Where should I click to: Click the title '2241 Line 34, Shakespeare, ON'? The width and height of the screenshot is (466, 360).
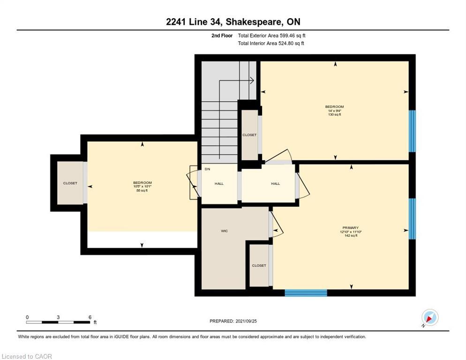tap(233, 22)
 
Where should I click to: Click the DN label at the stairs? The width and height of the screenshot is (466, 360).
tap(207, 169)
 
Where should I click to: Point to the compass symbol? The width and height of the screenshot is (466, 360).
tap(429, 318)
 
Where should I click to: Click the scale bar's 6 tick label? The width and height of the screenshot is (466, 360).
tap(90, 317)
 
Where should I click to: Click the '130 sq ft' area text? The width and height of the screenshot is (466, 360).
tap(334, 114)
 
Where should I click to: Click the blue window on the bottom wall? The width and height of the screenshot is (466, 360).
tap(306, 293)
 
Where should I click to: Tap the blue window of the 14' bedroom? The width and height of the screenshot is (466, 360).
tap(412, 131)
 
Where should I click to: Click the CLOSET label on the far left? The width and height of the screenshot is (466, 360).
tap(70, 183)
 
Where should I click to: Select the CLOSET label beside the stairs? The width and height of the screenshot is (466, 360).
tap(249, 135)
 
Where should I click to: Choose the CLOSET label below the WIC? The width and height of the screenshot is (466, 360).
tap(259, 265)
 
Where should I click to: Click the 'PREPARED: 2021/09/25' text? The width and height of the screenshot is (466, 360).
tap(233, 321)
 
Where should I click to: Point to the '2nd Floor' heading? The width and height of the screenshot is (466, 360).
tap(221, 36)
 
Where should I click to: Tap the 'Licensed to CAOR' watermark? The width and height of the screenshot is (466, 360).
tap(27, 356)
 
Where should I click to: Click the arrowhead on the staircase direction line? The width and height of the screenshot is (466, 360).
tap(252, 81)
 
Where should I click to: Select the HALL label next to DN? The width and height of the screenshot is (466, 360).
tap(219, 184)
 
